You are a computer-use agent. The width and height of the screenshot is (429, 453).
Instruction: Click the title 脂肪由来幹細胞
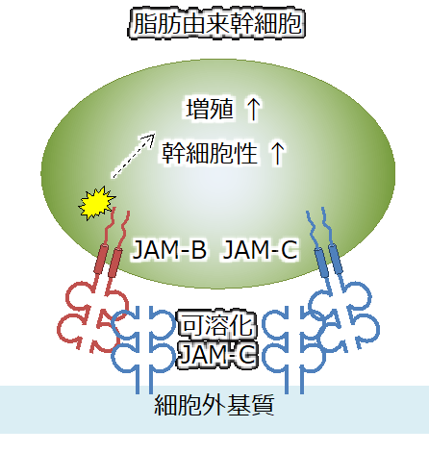[x=217, y=23]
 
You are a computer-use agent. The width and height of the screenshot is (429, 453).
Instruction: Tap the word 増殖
[x=210, y=109]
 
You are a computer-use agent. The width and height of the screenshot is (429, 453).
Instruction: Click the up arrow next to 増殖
[x=253, y=109]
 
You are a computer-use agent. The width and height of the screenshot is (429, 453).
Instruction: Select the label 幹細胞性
[x=210, y=153]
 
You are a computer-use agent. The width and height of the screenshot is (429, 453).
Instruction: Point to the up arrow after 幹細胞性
[x=277, y=154]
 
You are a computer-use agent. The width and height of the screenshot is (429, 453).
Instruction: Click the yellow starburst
[x=96, y=203]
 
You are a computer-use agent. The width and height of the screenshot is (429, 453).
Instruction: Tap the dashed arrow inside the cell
[x=133, y=156]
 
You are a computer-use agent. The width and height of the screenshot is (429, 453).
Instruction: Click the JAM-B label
[x=169, y=249]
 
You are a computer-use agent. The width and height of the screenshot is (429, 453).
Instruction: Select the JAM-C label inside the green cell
[x=261, y=249]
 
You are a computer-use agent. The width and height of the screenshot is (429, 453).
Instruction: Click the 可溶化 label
[x=217, y=324]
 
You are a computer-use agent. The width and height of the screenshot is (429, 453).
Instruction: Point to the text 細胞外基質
[x=214, y=405]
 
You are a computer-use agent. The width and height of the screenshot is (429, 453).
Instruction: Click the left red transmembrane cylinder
[x=101, y=259]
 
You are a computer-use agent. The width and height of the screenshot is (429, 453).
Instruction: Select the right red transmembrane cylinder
[x=115, y=263]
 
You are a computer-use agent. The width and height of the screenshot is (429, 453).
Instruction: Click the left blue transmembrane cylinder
[x=321, y=263]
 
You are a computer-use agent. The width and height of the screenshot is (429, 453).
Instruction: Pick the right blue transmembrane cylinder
[x=337, y=259]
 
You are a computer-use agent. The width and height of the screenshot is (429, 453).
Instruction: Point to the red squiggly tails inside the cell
[x=117, y=228]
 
